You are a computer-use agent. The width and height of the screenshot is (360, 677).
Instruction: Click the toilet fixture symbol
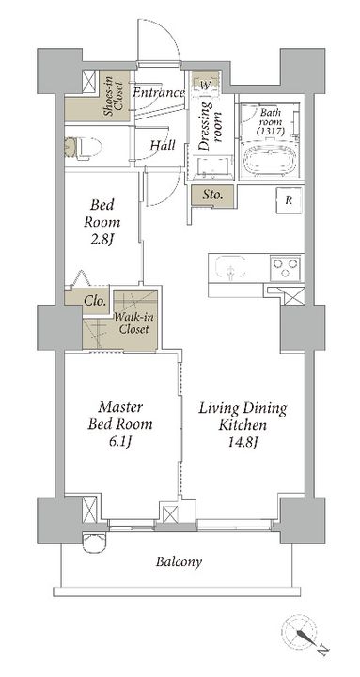pos(83,149)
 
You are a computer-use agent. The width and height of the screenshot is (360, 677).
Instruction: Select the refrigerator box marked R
pos(289,200)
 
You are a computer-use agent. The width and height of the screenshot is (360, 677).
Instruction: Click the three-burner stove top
pos(286,268)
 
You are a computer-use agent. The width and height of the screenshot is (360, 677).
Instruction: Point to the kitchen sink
pos(231,268)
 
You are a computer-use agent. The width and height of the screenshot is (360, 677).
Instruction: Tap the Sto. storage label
pos(213,196)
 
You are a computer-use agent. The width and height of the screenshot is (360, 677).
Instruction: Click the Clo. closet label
pos(95,300)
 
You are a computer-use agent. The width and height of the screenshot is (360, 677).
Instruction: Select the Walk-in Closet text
pos(132,323)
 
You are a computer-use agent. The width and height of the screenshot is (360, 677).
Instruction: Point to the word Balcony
pos(179,562)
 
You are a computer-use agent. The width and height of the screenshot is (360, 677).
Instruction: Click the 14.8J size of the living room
pos(243,442)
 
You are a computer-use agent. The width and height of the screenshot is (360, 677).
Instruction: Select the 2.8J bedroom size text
pos(102,238)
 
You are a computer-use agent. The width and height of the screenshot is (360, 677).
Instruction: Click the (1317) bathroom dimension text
pos(270,133)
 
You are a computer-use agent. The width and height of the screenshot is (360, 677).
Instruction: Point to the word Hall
pos(163,146)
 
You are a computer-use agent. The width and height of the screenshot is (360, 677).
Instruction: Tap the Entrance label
pos(159,92)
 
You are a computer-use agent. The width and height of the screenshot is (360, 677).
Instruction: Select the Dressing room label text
pos(211,126)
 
